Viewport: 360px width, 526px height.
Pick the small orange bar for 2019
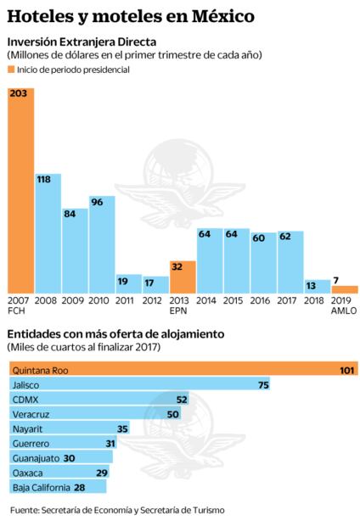(x=345, y=289)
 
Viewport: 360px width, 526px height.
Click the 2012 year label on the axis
(x=155, y=300)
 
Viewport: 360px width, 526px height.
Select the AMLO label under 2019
(x=344, y=311)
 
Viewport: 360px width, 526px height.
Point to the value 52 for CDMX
(x=181, y=399)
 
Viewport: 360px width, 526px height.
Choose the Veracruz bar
(x=93, y=413)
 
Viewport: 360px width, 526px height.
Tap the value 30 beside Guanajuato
(x=70, y=457)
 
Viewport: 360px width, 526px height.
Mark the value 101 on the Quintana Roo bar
(x=346, y=370)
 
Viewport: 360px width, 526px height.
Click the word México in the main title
(x=221, y=15)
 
